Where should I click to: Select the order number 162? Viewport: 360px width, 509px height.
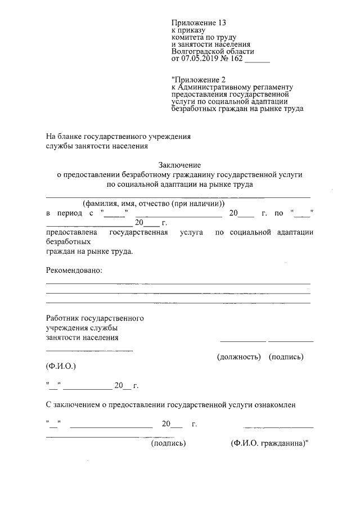[237, 57]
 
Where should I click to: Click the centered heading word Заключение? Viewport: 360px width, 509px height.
[179, 165]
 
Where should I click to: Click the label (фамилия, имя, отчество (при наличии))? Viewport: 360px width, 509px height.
[153, 204]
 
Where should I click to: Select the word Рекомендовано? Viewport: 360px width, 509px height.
[74, 271]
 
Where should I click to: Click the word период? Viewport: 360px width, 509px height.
[71, 213]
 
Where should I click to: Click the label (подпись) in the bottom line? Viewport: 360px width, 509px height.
[169, 443]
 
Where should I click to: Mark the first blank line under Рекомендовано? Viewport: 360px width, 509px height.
[178, 283]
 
